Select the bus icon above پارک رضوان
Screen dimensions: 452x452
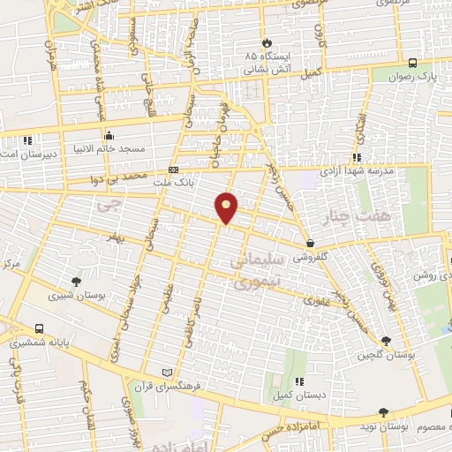(413, 63)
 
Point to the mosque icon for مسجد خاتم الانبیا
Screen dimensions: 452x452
(109, 136)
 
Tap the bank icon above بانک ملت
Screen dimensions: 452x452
(173, 169)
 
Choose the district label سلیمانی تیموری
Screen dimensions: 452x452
(255, 274)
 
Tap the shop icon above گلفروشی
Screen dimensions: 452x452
(310, 244)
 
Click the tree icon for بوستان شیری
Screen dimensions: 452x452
(77, 282)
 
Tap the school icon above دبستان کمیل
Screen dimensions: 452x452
(300, 381)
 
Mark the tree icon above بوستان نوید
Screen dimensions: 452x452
(383, 411)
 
